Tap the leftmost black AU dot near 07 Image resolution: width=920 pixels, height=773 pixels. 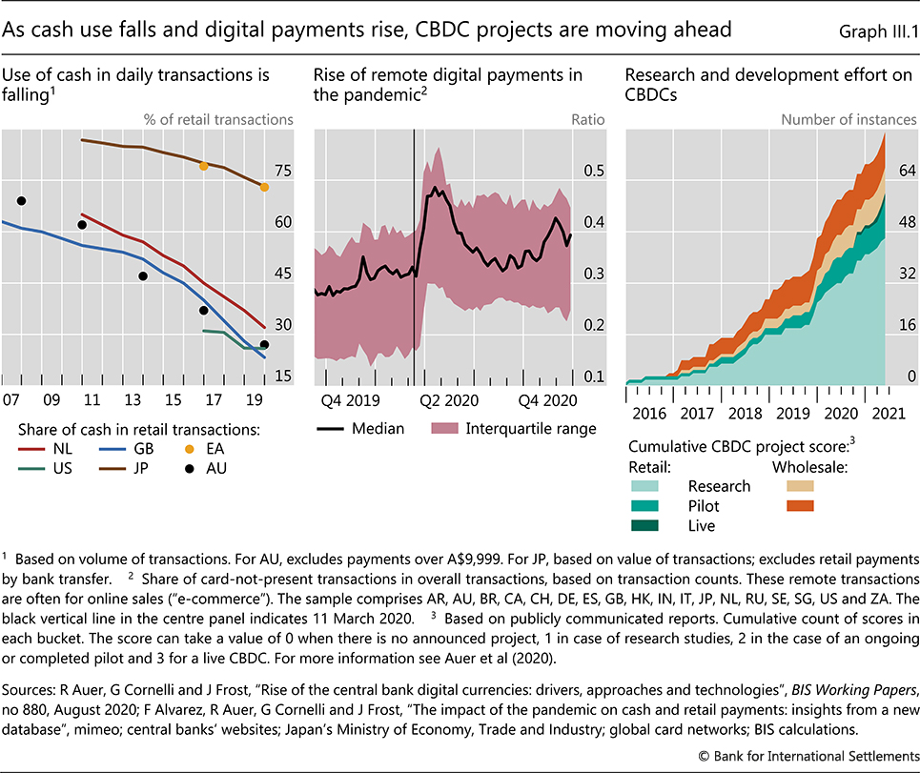point(21,201)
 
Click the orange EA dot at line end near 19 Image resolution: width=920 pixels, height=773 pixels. point(264,187)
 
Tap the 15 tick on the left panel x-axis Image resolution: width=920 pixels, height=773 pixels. point(173,399)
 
